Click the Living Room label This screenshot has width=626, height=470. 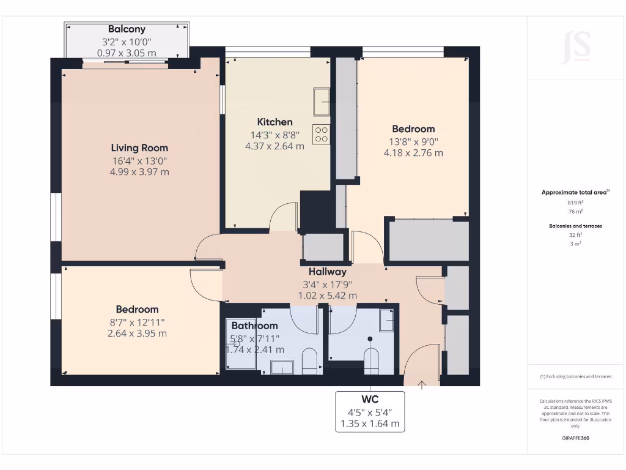[x=139, y=147]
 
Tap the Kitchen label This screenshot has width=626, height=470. [x=274, y=122]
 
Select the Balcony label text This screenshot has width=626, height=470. [x=127, y=29]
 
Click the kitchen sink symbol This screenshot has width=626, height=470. [x=322, y=102]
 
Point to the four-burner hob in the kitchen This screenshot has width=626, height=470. [x=322, y=135]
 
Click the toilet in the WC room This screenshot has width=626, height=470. [x=371, y=360]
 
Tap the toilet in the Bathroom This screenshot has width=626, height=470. [x=309, y=360]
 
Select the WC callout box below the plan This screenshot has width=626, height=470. [x=369, y=411]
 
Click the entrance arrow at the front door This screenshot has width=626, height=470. [x=422, y=385]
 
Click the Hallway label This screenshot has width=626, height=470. [x=327, y=271]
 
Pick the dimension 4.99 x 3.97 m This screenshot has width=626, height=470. [x=139, y=172]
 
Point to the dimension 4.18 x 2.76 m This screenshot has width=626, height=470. [x=413, y=153]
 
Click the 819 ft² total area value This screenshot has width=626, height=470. [x=575, y=202]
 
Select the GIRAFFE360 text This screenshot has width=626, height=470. [x=575, y=438]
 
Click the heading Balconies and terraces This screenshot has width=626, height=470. [x=575, y=226]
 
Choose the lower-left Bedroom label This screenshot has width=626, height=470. [x=137, y=309]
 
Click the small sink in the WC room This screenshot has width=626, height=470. [x=386, y=319]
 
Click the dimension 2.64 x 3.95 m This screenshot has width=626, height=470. [x=137, y=334]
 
